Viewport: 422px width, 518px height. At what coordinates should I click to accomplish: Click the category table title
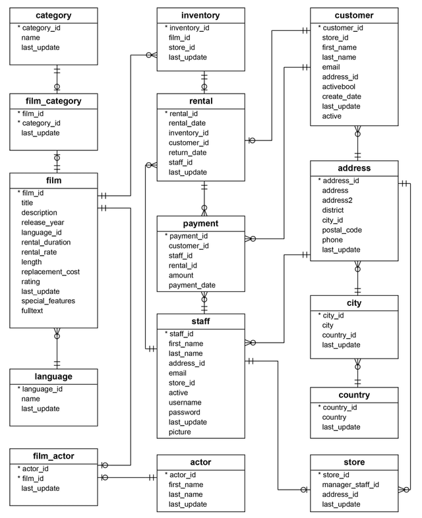tap(54, 14)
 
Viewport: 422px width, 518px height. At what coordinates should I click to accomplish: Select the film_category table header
tap(54, 101)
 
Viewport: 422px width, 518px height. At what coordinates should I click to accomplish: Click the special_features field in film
tap(48, 301)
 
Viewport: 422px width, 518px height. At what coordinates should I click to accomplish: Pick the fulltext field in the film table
tap(32, 310)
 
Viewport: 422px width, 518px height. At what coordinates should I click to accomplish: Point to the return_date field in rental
tap(188, 152)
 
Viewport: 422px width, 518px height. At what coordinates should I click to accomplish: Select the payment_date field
tap(193, 285)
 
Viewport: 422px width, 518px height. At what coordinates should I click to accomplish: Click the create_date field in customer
tap(343, 96)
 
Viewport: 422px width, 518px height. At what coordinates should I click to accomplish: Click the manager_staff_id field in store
tap(350, 484)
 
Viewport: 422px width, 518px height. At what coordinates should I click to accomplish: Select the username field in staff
tap(186, 402)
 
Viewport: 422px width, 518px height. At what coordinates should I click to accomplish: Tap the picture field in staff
tap(180, 432)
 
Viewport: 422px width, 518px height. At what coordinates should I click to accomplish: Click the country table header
tap(355, 395)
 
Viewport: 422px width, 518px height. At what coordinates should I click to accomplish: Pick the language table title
tap(54, 377)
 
